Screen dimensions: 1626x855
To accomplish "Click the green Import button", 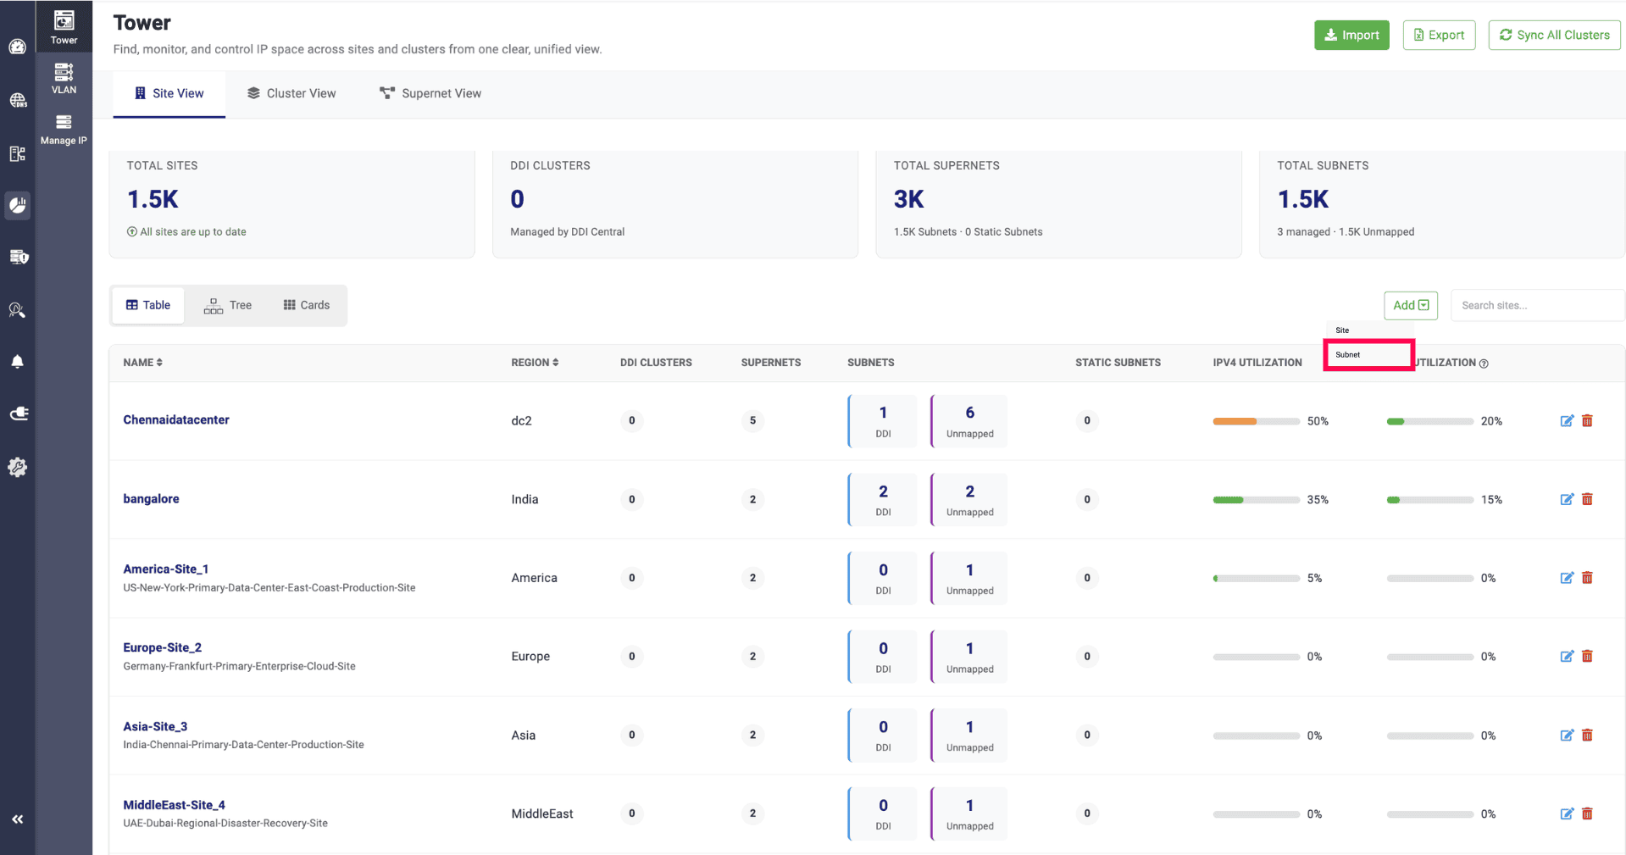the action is pos(1351,35).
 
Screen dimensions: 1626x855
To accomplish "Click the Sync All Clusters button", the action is pos(1554,35).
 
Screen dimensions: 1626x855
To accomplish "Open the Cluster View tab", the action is pos(291,93).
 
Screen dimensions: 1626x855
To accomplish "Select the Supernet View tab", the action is pos(430,93).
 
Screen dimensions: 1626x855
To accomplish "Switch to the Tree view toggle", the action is pos(228,305).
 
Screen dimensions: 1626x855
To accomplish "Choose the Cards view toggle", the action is pos(307,305).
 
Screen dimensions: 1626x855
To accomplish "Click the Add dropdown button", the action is pos(1411,305).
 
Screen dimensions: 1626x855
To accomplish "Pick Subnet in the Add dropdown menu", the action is pos(1368,355).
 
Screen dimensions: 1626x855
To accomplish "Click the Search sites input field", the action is pos(1537,305).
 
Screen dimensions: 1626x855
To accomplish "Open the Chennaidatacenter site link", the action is pos(176,419).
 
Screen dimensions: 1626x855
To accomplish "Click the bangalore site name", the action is pos(151,498).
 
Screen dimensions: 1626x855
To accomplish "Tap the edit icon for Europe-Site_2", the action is pos(1567,656).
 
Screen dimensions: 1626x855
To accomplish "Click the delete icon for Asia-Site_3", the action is pos(1587,735).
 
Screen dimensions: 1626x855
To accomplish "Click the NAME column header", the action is pos(142,363).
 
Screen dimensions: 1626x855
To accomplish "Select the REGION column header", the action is pos(535,363).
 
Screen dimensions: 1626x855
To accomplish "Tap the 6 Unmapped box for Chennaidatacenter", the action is pos(969,420).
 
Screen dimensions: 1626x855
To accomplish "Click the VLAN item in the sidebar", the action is pos(64,79).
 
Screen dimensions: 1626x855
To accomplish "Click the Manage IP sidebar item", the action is pos(64,130).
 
